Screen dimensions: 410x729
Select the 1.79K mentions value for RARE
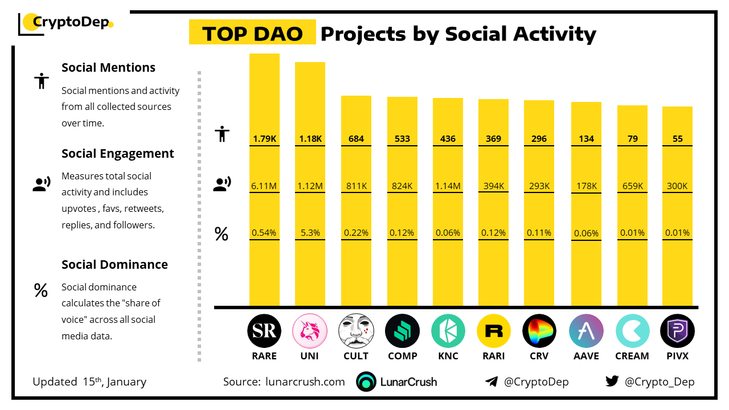click(264, 138)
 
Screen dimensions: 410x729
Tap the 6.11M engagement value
click(264, 186)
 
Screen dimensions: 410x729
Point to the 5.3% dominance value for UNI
click(310, 232)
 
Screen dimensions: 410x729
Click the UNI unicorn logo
click(310, 331)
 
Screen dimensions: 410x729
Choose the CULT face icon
click(356, 331)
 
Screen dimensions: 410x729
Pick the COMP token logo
click(402, 331)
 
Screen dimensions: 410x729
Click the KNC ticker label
click(448, 356)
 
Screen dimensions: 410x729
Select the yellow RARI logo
click(493, 331)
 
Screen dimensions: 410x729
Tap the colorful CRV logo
click(539, 331)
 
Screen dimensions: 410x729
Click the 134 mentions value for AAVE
click(586, 138)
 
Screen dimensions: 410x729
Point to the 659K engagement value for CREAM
click(632, 186)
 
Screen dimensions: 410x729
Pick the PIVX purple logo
click(677, 331)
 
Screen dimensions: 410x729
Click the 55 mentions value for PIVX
click(677, 138)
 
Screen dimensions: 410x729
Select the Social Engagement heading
click(118, 154)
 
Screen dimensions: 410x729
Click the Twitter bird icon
click(612, 382)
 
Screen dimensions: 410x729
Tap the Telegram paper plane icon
click(492, 382)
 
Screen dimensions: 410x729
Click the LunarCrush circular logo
click(366, 382)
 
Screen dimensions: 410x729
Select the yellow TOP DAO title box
click(252, 34)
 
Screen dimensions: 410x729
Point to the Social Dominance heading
click(114, 264)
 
